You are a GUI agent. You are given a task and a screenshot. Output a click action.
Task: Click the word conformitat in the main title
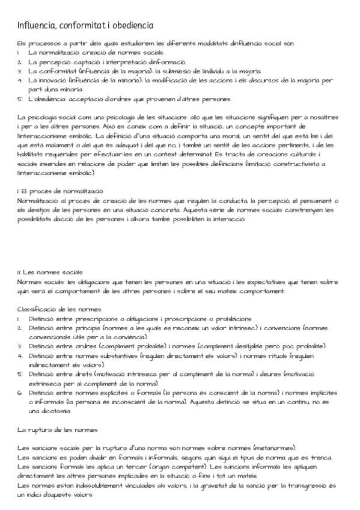[74, 25]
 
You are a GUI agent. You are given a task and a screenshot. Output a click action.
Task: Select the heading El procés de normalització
[62, 191]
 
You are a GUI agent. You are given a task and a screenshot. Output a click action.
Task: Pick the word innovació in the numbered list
[49, 79]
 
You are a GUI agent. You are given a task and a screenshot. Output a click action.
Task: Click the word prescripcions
[103, 318]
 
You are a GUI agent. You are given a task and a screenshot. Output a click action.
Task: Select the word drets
[82, 373]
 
